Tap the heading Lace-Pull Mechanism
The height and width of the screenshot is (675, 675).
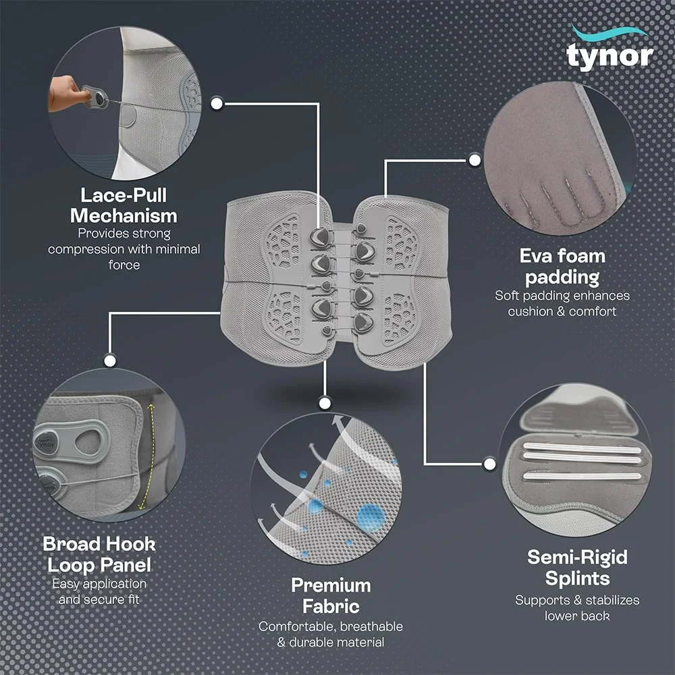pyautogui.click(x=124, y=206)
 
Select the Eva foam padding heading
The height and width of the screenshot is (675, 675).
pyautogui.click(x=562, y=267)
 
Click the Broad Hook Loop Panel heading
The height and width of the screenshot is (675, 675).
pyautogui.click(x=99, y=553)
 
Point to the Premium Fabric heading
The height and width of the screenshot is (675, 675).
pyautogui.click(x=331, y=595)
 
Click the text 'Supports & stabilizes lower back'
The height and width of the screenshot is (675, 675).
pyautogui.click(x=576, y=607)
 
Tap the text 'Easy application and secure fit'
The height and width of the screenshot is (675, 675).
pyautogui.click(x=99, y=591)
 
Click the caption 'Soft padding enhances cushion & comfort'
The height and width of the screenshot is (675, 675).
pyautogui.click(x=562, y=304)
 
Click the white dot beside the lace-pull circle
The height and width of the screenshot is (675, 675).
pyautogui.click(x=217, y=104)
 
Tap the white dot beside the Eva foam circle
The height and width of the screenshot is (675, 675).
pyautogui.click(x=475, y=160)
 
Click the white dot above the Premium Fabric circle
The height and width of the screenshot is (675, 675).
pyautogui.click(x=325, y=404)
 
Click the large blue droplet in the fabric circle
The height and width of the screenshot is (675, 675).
pyautogui.click(x=371, y=516)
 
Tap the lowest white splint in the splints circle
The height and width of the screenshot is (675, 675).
pyautogui.click(x=582, y=476)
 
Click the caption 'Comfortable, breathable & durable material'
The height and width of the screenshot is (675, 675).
pyautogui.click(x=331, y=634)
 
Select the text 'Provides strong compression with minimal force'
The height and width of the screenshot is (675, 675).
pyautogui.click(x=124, y=249)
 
